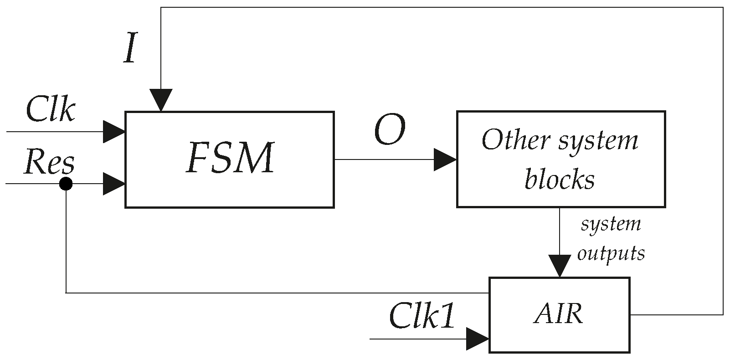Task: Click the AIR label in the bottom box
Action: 558,314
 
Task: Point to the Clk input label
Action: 50,110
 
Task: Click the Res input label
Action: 49,162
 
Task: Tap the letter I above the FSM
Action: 130,50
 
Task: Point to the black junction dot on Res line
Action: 66,184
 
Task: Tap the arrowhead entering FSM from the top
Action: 160,100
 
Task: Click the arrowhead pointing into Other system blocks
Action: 445,159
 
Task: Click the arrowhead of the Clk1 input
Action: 478,339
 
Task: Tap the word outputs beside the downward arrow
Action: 611,253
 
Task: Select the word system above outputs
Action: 611,224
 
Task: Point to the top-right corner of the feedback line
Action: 723,7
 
